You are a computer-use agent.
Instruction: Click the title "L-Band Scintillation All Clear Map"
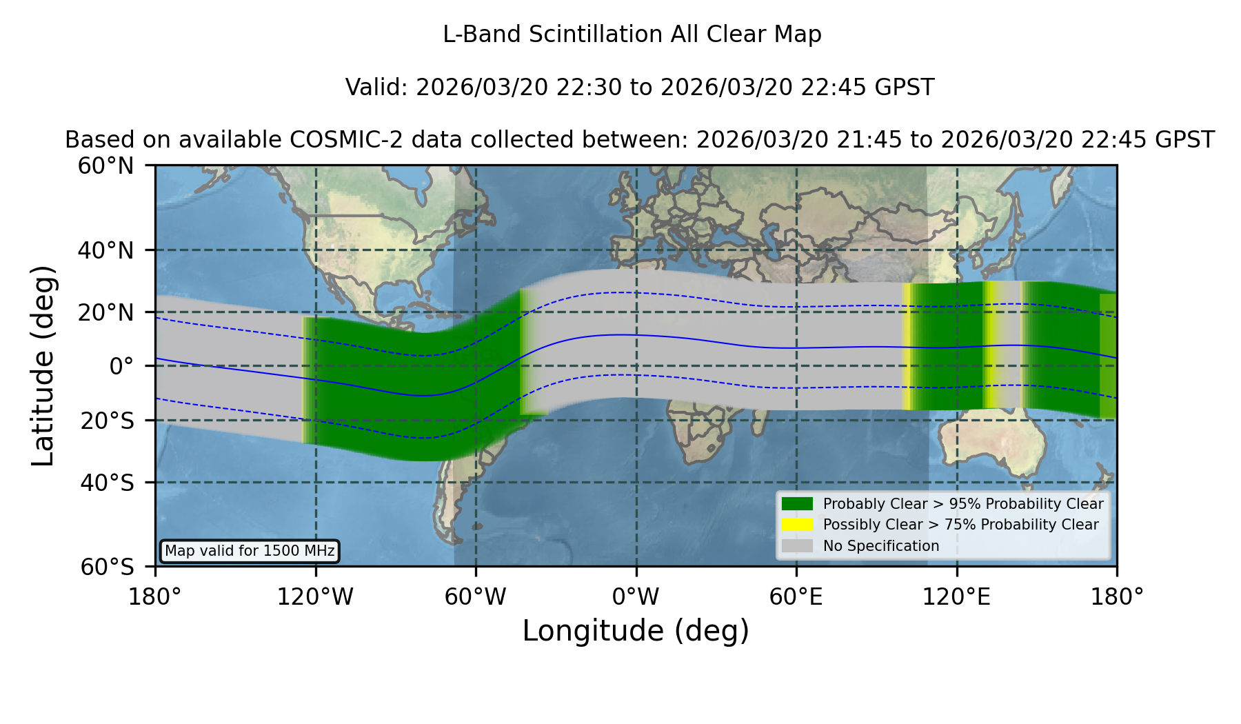632,34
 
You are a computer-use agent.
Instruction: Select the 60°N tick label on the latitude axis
106,165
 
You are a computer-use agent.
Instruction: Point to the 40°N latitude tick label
106,250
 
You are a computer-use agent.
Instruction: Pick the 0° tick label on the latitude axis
122,365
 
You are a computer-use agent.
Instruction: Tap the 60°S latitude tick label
108,567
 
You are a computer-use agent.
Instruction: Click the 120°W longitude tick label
316,597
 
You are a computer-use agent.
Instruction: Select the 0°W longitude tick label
636,597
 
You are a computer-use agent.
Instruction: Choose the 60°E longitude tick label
796,597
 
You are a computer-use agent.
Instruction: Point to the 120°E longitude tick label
957,597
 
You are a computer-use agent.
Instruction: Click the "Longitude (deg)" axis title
636,631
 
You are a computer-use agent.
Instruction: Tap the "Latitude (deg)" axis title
43,365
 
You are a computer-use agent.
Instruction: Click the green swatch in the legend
798,504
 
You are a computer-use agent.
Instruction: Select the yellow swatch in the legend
798,525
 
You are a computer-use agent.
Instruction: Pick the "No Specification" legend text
881,546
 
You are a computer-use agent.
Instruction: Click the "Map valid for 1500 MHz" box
250,551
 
